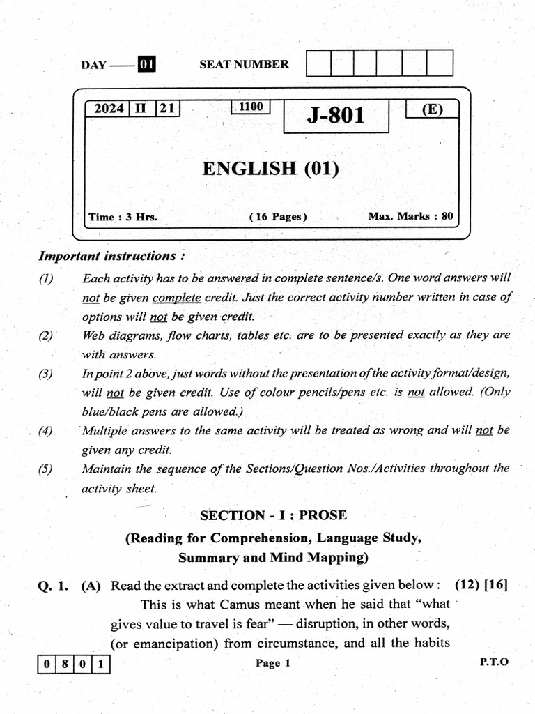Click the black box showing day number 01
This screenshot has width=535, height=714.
[x=146, y=65]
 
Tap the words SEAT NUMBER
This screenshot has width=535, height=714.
[x=244, y=64]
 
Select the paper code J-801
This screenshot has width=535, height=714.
[x=336, y=115]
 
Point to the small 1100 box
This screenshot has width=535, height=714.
[x=250, y=107]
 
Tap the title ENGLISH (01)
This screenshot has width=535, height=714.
[x=270, y=168]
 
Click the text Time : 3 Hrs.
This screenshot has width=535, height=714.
[x=123, y=217]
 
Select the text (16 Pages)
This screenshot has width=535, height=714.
[x=278, y=217]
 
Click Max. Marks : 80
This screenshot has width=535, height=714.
[x=410, y=216]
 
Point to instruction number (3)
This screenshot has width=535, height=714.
[x=46, y=374]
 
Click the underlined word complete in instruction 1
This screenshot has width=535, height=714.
[x=176, y=297]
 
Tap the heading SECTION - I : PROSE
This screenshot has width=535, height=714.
[x=273, y=515]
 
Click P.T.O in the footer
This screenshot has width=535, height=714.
[x=494, y=662]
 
